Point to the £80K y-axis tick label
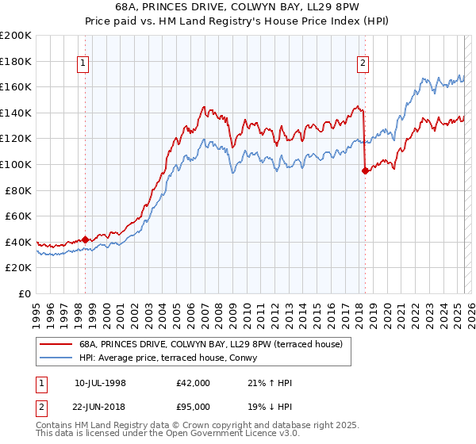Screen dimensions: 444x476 18,190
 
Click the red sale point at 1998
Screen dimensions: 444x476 86,239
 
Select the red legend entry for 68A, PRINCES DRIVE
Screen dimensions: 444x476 210,344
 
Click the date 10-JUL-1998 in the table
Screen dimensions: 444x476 100,383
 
